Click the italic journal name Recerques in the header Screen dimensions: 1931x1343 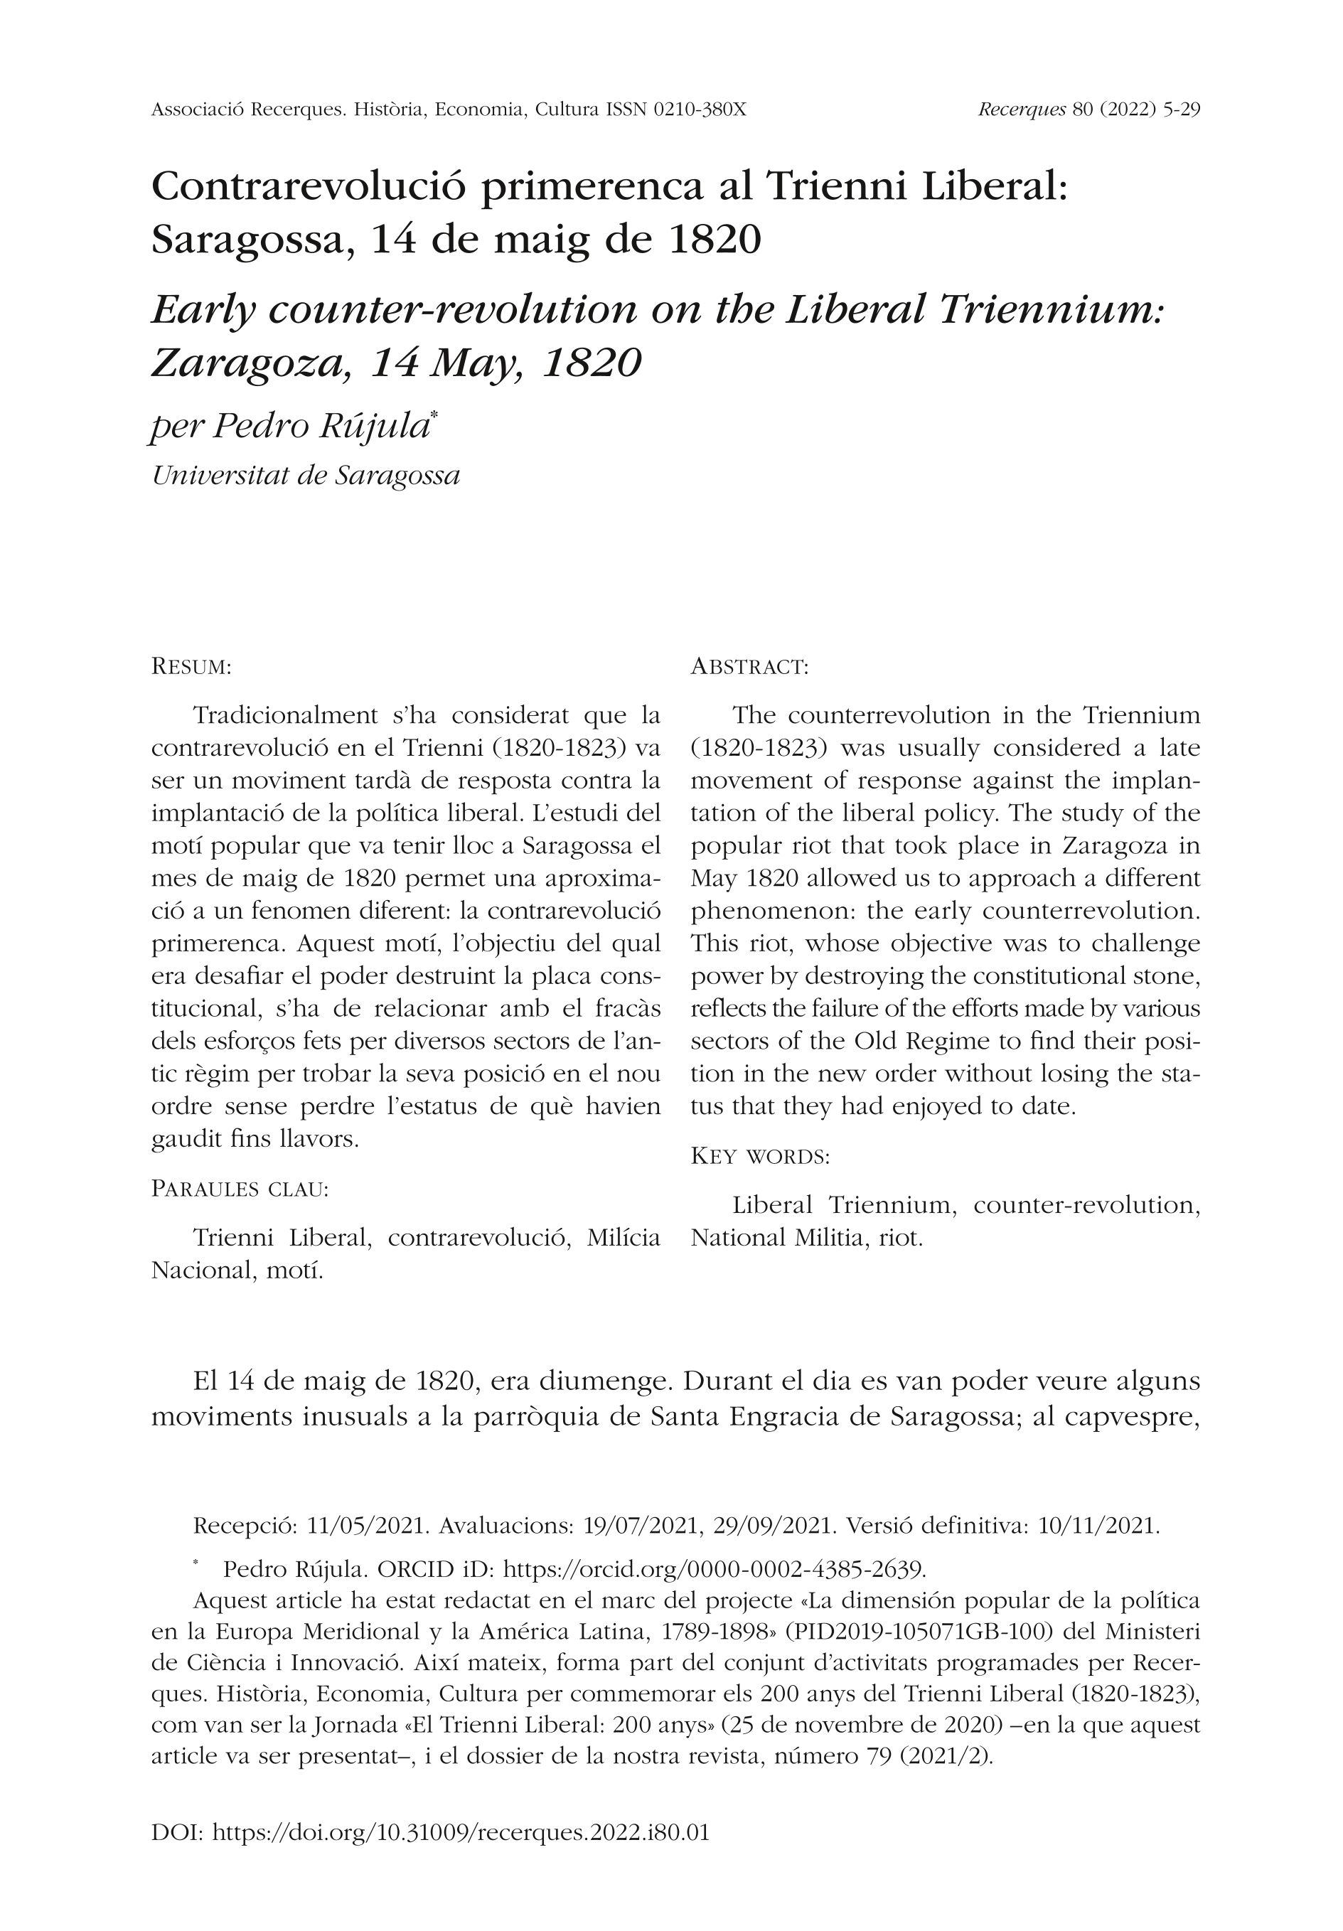(1022, 110)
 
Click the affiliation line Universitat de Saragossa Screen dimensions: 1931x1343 (305, 476)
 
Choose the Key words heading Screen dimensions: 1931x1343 (760, 1157)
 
